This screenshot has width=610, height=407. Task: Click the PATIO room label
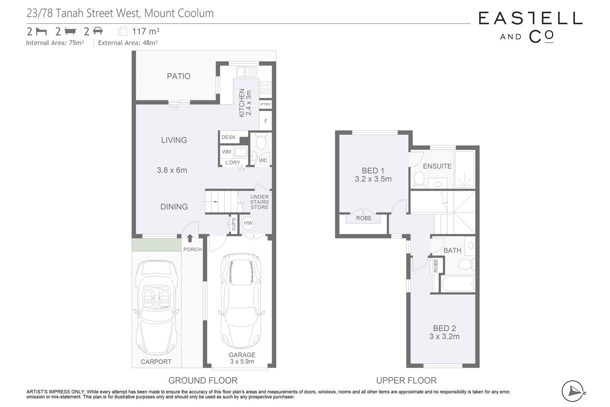[x=178, y=76]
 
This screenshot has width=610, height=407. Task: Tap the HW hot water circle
[x=248, y=223]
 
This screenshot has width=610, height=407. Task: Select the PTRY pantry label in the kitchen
[x=266, y=105]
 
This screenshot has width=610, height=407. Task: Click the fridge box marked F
[x=266, y=121]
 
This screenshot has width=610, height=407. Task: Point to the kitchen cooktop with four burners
[x=266, y=87]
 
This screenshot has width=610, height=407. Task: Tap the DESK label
[x=229, y=137]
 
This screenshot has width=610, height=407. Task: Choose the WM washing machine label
[x=226, y=152]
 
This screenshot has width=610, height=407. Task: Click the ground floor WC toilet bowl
[x=261, y=142]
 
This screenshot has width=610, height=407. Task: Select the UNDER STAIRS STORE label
[x=259, y=202]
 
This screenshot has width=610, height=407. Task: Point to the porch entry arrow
[x=190, y=238]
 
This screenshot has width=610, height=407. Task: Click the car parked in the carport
[x=156, y=308]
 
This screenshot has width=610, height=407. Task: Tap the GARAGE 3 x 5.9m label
[x=242, y=358]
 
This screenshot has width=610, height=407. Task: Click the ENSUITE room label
[x=437, y=166]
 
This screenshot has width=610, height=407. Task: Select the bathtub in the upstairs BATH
[x=458, y=284]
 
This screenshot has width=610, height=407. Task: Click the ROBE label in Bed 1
[x=363, y=218]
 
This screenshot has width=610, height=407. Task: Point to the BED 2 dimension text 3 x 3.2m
[x=444, y=337]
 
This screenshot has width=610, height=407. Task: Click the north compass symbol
[x=572, y=391]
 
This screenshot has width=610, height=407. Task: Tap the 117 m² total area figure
[x=146, y=31]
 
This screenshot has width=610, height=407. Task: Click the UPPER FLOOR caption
[x=406, y=380]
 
